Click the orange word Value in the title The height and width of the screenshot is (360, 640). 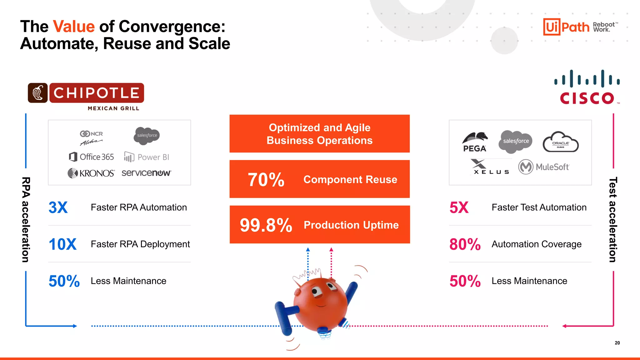[x=74, y=26]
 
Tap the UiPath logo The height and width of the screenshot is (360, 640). [x=566, y=27]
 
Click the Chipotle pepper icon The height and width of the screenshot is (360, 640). [x=38, y=93]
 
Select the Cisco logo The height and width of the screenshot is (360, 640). [x=587, y=87]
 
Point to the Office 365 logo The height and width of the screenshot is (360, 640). [x=91, y=157]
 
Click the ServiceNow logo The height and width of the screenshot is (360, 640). [x=146, y=173]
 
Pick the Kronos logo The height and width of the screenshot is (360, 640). [x=91, y=173]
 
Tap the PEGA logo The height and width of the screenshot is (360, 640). [x=475, y=142]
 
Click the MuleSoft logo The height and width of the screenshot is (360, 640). [x=544, y=167]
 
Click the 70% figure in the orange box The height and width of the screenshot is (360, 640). [x=266, y=180]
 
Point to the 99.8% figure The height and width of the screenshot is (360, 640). [x=266, y=225]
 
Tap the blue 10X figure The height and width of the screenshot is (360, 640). [x=62, y=244]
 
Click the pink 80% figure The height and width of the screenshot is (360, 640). [x=465, y=244]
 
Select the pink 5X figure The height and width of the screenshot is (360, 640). [x=459, y=207]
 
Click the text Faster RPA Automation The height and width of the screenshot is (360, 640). [x=139, y=207]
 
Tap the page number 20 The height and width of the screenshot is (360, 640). [x=617, y=343]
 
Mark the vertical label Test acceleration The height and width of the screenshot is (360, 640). [x=613, y=220]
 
